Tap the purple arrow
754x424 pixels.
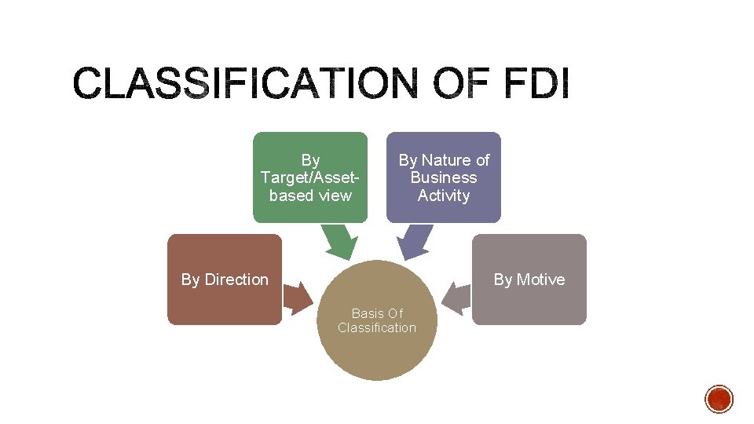tap(414, 242)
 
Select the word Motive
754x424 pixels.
tap(540, 280)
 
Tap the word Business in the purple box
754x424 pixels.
tap(444, 177)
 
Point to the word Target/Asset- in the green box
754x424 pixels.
tap(310, 177)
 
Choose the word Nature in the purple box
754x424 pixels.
tap(445, 160)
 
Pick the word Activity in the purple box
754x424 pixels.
tap(444, 196)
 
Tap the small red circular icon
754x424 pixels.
tap(719, 399)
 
